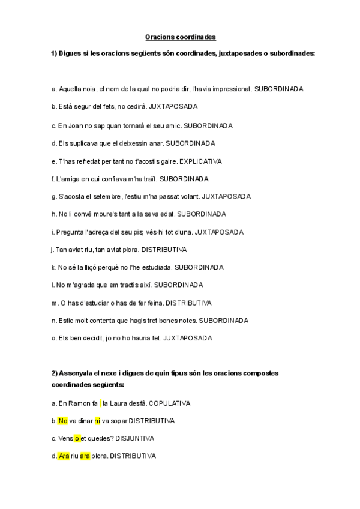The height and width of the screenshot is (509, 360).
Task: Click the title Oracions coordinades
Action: point(181,37)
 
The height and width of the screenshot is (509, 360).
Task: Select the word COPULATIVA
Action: point(170,403)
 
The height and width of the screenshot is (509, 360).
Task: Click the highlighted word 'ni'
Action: point(97,421)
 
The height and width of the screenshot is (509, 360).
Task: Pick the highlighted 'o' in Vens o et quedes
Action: point(77,438)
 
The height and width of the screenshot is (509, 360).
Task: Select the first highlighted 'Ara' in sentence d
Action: point(64,456)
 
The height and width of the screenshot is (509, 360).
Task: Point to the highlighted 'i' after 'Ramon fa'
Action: point(100,403)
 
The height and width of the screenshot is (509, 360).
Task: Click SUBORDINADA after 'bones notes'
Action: point(223,321)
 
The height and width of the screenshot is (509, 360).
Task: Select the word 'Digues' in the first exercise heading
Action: point(70,53)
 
